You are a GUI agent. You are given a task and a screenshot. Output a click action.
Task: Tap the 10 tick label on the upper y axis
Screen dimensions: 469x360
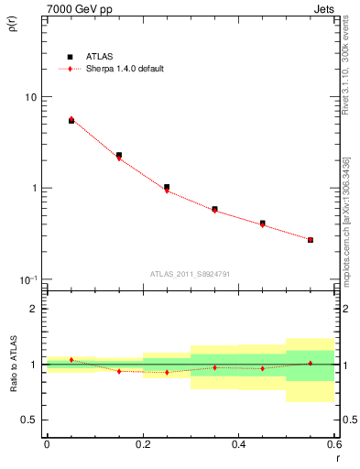[29, 97]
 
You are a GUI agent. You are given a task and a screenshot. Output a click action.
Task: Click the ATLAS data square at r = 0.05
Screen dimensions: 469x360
[71, 121]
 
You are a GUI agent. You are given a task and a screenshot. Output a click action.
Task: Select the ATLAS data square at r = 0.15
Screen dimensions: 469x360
[119, 156]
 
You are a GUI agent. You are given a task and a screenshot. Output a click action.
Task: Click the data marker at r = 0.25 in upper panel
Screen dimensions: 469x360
[167, 187]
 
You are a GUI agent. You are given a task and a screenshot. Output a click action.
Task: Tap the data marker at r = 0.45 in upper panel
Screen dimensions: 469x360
[262, 223]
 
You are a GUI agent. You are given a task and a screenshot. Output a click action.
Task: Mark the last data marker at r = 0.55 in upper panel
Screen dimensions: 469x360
[311, 240]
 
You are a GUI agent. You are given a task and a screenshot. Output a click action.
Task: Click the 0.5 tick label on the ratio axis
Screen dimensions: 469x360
[28, 420]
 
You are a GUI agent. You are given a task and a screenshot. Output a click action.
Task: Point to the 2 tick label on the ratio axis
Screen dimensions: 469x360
[34, 309]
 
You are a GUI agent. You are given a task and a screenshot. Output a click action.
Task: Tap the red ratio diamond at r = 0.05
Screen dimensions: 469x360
[71, 360]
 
